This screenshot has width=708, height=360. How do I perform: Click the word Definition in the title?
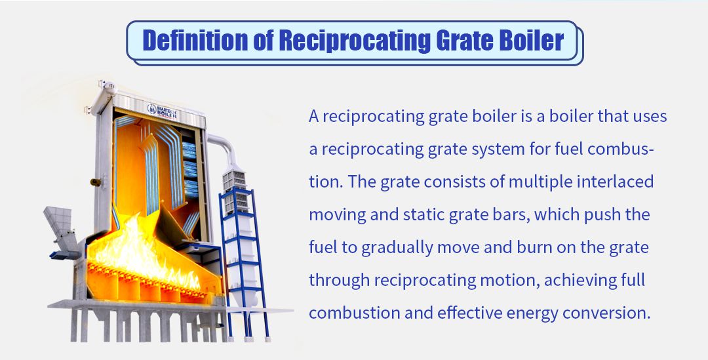(195, 40)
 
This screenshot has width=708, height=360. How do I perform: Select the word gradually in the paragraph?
(397, 248)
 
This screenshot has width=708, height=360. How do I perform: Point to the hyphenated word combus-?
(621, 149)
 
